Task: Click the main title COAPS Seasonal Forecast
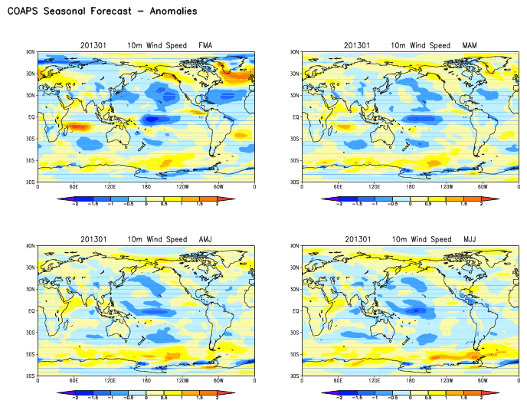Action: [x=101, y=11]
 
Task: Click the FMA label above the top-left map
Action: [x=206, y=45]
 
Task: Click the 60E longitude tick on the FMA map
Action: [x=74, y=187]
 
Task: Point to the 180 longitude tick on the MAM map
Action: [x=411, y=187]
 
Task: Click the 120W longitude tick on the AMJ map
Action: [x=182, y=381]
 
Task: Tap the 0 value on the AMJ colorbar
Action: [x=146, y=399]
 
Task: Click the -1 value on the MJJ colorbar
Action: [x=375, y=399]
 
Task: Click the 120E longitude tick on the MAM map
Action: [x=375, y=187]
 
